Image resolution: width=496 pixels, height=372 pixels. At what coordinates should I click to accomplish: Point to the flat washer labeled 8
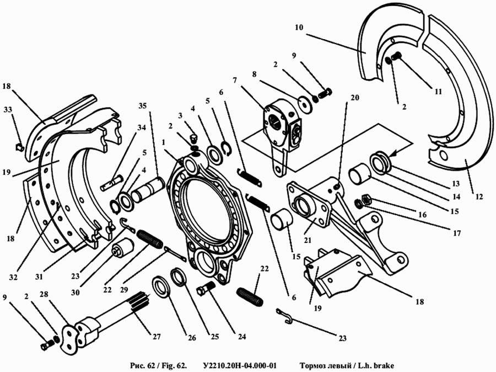click(303, 103)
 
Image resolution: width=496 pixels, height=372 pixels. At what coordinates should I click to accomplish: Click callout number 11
click(438, 93)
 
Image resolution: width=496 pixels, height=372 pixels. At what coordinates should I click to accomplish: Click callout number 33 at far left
click(7, 110)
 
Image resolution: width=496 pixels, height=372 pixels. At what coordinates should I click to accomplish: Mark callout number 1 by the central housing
click(164, 142)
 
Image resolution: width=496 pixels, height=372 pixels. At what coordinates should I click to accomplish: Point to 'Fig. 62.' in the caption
click(170, 365)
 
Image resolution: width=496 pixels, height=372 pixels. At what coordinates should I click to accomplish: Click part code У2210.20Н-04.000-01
click(240, 365)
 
